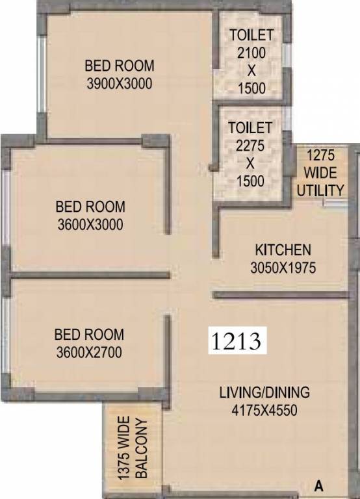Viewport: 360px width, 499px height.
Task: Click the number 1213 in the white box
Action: pyautogui.click(x=237, y=339)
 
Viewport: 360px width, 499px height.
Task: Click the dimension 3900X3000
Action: pyautogui.click(x=120, y=83)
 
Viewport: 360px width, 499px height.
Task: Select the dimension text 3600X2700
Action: pyautogui.click(x=89, y=353)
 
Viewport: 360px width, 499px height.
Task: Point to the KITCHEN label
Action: pyautogui.click(x=283, y=249)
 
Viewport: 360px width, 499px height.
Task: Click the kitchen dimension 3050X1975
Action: pyautogui.click(x=283, y=267)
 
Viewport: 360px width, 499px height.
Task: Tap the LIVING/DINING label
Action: pyautogui.click(x=264, y=392)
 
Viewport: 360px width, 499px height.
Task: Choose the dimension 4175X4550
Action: pyautogui.click(x=264, y=410)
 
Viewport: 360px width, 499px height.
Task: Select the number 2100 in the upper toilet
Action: pyautogui.click(x=251, y=53)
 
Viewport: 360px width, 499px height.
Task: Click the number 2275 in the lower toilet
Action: pyautogui.click(x=251, y=146)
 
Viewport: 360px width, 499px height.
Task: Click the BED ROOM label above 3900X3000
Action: pyautogui.click(x=120, y=66)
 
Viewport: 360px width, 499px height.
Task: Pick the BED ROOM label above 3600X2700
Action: pyautogui.click(x=89, y=335)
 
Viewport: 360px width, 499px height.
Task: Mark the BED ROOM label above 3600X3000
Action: pyautogui.click(x=90, y=207)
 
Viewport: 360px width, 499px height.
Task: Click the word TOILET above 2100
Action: pyautogui.click(x=251, y=35)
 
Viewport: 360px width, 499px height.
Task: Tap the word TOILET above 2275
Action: pyautogui.click(x=251, y=127)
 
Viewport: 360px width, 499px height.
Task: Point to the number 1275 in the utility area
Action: pyautogui.click(x=322, y=156)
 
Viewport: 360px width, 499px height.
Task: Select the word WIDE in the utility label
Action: pyautogui.click(x=322, y=173)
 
